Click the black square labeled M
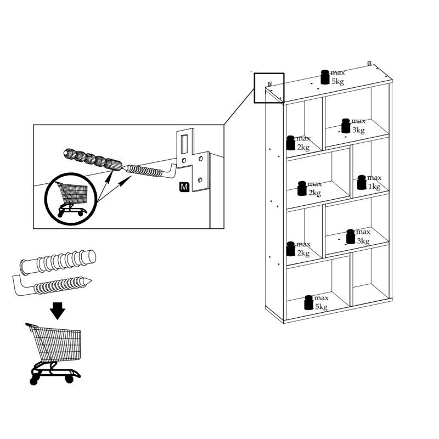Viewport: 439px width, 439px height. coord(184,187)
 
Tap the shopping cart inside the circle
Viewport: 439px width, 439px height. coord(72,199)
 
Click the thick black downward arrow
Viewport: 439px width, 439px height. coord(58,311)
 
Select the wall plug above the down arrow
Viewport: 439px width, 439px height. coord(58,262)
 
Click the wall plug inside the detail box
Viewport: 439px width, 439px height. coord(93,160)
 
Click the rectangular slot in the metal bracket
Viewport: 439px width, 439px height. coord(184,144)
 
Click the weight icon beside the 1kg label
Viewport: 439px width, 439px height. coord(362,182)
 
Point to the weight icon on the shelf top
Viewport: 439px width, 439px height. coord(325,77)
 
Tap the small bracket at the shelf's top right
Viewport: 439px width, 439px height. coord(369,64)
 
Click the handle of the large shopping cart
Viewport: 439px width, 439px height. coord(31,325)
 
